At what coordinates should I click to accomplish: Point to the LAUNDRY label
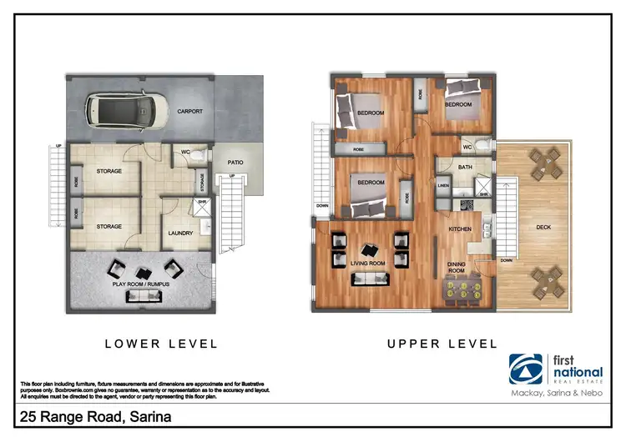click(x=181, y=234)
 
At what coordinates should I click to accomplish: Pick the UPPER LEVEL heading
click(x=442, y=344)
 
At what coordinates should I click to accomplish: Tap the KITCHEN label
click(x=462, y=228)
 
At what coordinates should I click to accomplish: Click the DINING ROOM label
click(x=456, y=268)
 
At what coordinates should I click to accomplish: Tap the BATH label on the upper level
click(x=465, y=168)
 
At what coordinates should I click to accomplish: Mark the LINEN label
click(x=443, y=185)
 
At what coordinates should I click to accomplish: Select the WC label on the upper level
click(x=467, y=148)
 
